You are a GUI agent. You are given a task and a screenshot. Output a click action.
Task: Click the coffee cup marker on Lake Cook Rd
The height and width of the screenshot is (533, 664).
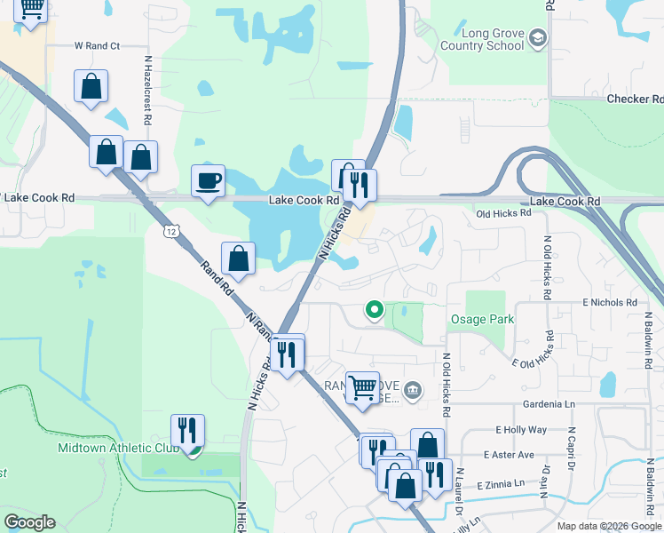click(209, 181)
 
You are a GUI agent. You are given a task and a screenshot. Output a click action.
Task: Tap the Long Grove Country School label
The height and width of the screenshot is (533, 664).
click(481, 40)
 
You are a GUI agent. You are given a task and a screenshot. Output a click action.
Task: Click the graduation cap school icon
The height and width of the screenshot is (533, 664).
click(537, 39)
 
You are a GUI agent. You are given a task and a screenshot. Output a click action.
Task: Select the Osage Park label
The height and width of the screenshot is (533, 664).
click(483, 320)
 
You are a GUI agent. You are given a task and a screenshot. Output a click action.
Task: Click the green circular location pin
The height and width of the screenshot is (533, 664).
click(375, 310)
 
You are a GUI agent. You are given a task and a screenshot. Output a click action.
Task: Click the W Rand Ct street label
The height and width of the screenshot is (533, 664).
click(97, 44)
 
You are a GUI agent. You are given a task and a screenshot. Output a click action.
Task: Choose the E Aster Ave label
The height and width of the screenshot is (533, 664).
click(509, 455)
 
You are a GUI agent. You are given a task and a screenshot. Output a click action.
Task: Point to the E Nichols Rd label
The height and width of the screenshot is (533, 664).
click(610, 303)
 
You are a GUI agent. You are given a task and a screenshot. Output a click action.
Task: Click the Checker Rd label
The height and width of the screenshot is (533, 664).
click(635, 99)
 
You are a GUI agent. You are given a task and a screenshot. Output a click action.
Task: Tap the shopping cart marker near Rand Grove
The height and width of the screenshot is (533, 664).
click(362, 387)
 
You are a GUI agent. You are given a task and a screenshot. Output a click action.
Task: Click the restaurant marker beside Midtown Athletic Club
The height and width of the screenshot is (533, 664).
click(187, 431)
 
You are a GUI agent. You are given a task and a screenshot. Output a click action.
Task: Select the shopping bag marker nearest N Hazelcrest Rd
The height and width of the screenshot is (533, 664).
click(140, 157)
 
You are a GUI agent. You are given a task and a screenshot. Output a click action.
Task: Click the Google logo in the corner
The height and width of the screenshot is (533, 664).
click(29, 522)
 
